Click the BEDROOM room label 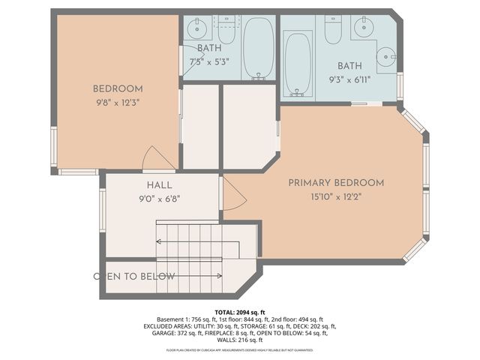tap(117, 88)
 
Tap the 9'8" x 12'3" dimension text tap(117, 101)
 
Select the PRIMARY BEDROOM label tap(336, 183)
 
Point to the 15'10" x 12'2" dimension tap(336, 196)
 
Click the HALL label tap(158, 185)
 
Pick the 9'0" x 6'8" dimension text tap(158, 199)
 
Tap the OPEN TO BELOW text tap(134, 277)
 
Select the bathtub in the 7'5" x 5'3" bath tap(259, 47)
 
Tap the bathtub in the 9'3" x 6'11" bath tap(298, 63)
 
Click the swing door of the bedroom tap(157, 158)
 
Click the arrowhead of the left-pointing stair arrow tap(159, 241)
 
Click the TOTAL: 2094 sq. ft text tap(240, 312)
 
